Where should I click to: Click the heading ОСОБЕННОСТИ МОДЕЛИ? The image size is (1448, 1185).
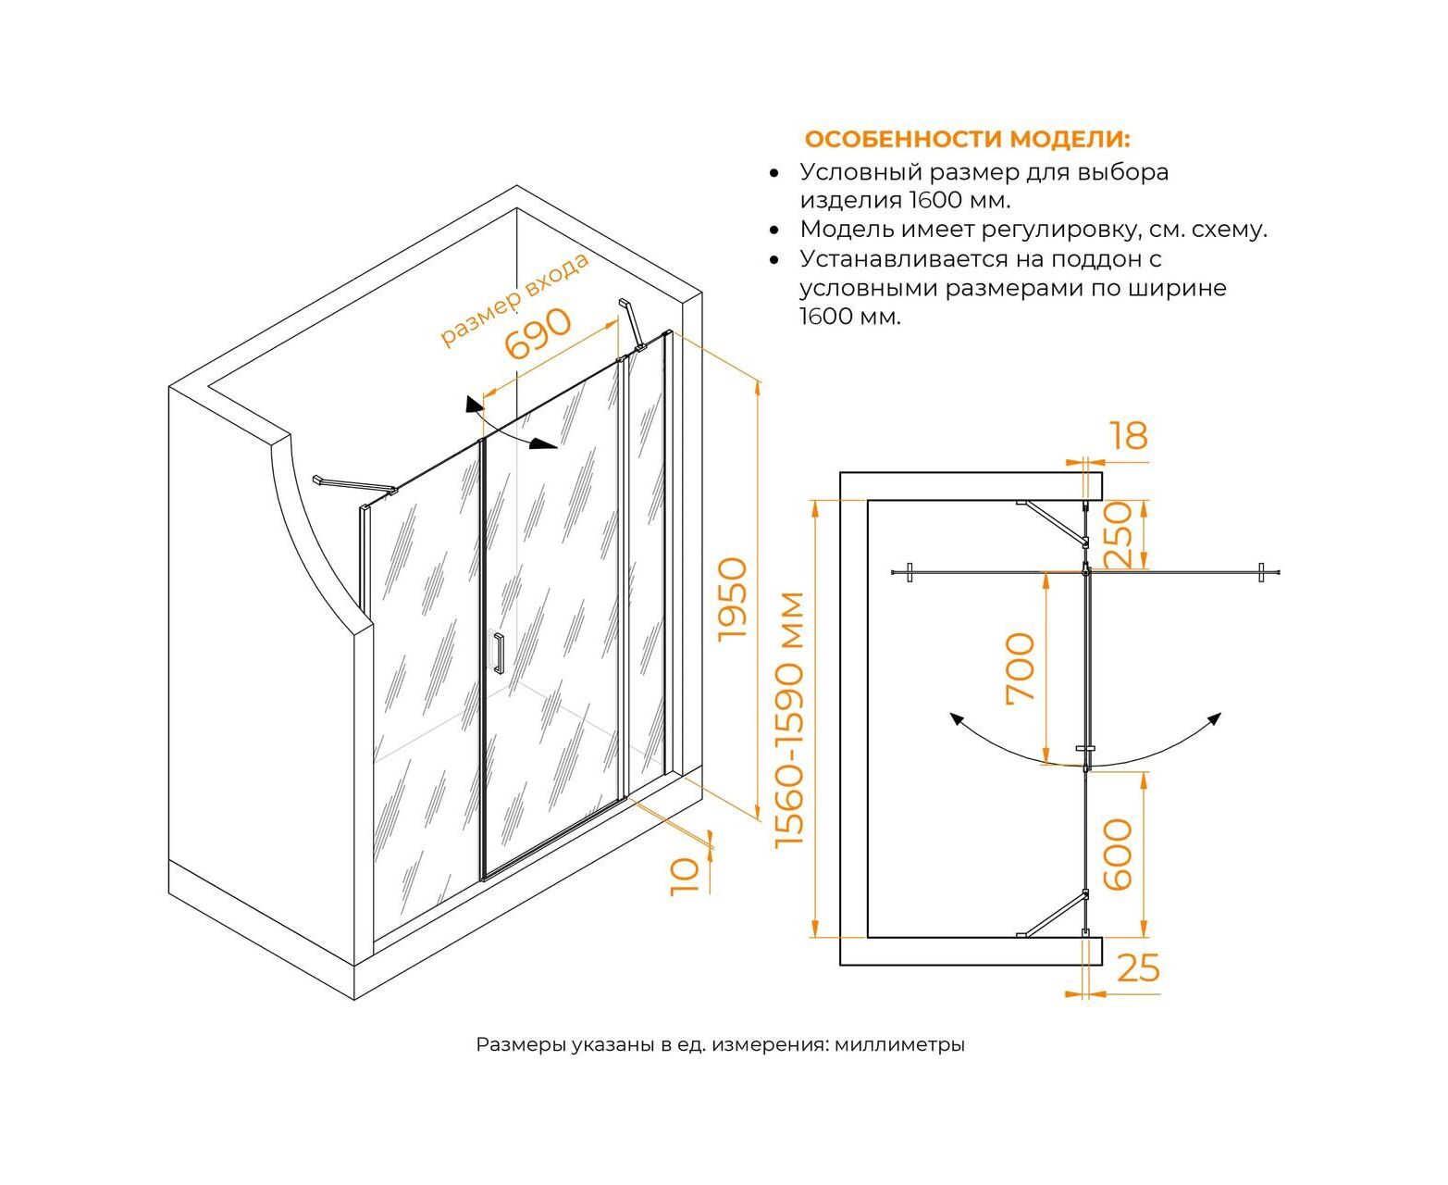point(967,140)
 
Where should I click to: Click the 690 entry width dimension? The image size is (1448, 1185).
point(538,333)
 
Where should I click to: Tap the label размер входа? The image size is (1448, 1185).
point(514,298)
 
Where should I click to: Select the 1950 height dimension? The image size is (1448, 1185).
point(732,597)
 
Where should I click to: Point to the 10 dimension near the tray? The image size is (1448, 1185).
point(684,875)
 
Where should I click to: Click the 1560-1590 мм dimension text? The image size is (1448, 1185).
point(791,718)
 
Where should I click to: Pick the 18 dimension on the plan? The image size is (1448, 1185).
point(1128,435)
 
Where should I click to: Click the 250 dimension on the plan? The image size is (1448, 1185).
point(1118,534)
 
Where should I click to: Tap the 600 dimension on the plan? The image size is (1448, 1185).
point(1118,854)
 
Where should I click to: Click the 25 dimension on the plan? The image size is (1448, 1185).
point(1138,968)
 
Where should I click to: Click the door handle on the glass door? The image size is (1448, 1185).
point(498,653)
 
